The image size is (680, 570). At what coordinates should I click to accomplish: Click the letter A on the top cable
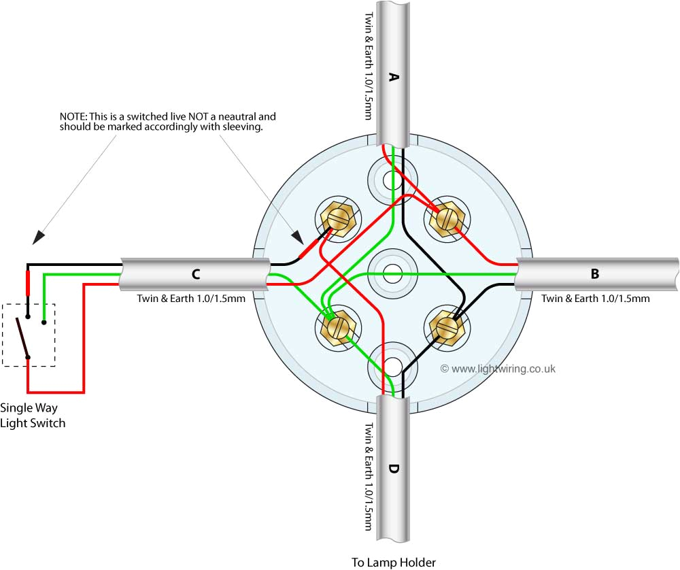click(392, 77)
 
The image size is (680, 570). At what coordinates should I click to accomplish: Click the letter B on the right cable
click(595, 274)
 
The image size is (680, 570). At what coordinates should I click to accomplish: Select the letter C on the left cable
click(196, 274)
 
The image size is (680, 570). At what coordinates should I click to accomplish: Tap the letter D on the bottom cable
click(393, 469)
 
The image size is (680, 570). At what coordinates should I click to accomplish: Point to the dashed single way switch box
click(29, 335)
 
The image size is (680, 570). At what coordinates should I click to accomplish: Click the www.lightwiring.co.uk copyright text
click(498, 369)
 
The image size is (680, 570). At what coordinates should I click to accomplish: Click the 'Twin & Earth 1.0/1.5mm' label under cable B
click(595, 298)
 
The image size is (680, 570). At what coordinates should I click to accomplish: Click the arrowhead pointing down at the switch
click(39, 237)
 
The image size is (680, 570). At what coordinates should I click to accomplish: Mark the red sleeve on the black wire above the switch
click(28, 282)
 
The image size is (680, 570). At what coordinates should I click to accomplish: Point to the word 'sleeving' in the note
click(241, 127)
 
